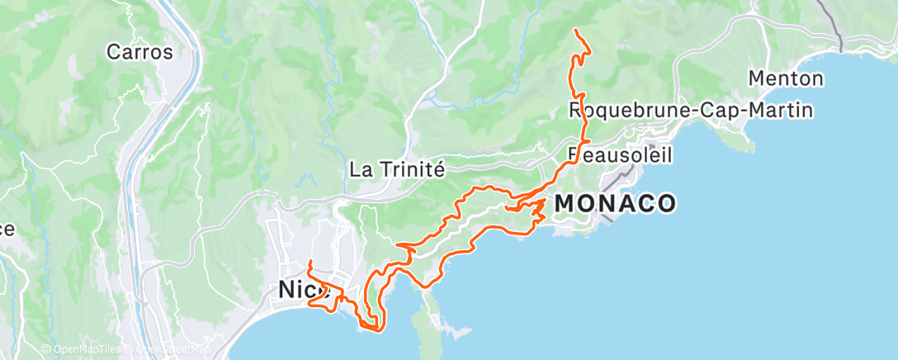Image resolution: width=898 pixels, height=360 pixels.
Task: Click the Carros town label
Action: click(x=140, y=52)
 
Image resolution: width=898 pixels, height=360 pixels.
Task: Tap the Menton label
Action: click(x=786, y=79)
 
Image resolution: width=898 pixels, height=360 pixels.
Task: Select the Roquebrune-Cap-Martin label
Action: click(x=692, y=110)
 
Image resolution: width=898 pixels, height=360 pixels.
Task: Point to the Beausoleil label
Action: click(x=621, y=154)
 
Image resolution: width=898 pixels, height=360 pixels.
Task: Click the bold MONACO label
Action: click(x=616, y=203)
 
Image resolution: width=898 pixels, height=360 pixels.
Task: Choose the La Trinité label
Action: click(x=398, y=169)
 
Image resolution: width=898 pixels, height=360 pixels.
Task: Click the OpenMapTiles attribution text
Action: click(x=83, y=350)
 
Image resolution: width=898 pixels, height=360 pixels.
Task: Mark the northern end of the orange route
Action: click(x=575, y=31)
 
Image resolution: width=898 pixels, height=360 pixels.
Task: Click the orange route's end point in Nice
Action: click(x=309, y=262)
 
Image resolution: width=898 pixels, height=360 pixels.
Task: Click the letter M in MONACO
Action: click(x=567, y=203)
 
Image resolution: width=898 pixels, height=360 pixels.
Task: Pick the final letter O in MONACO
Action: click(x=665, y=203)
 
